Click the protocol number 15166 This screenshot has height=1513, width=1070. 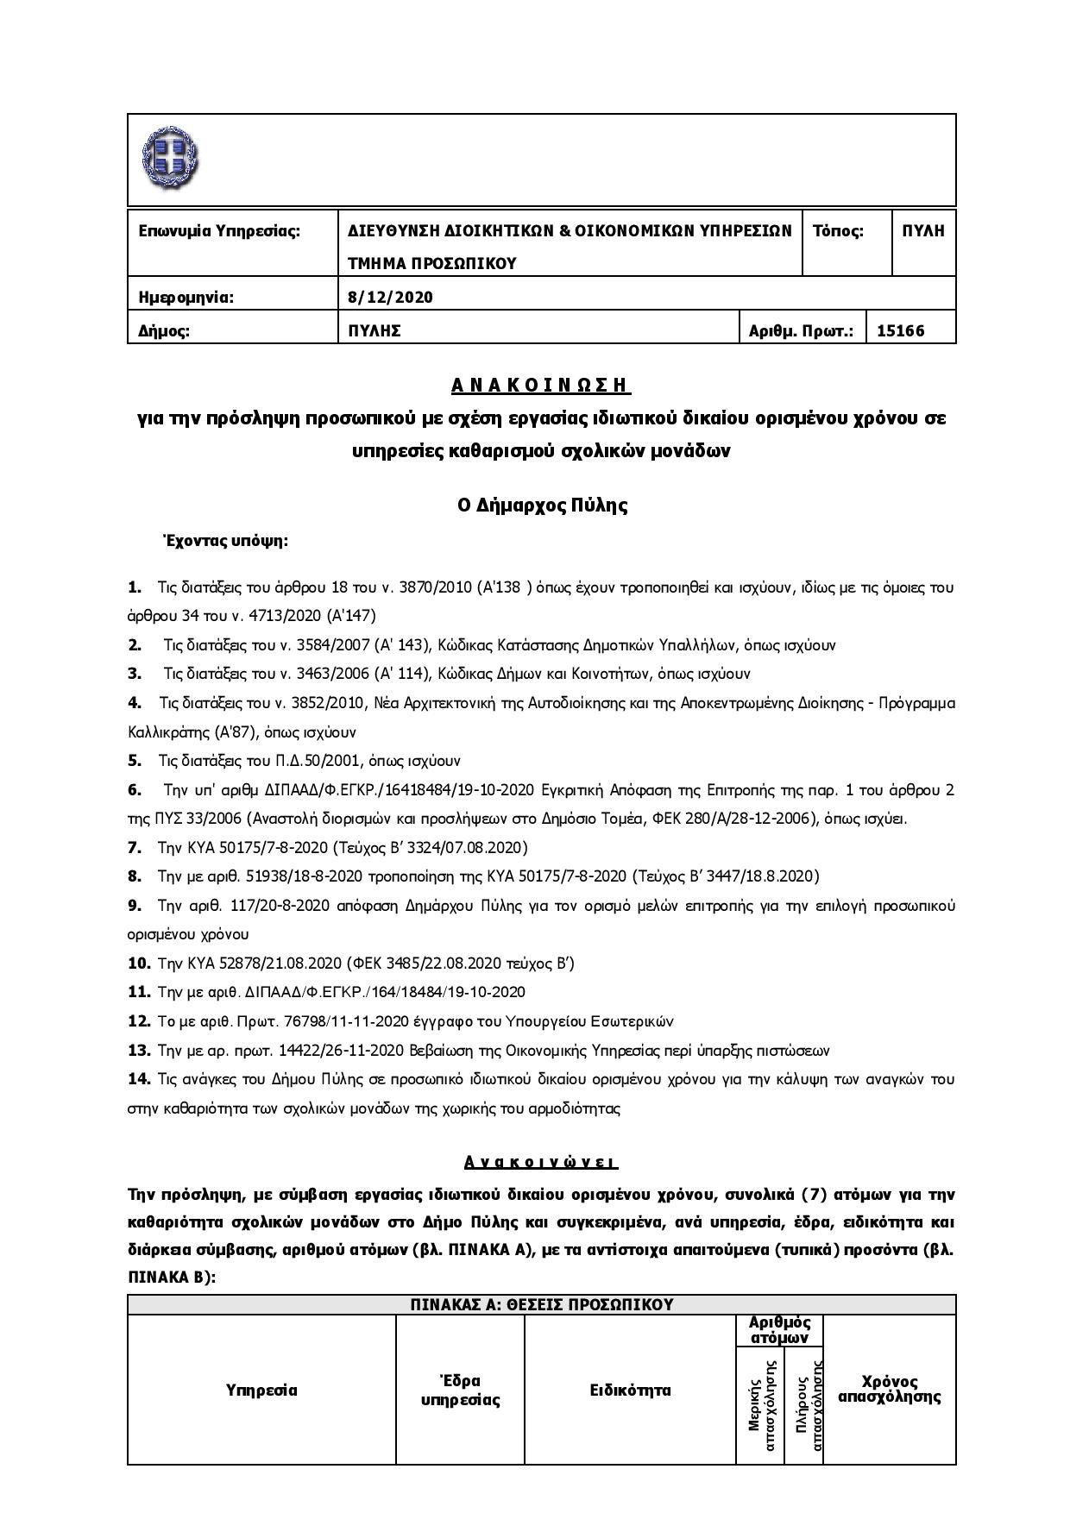[900, 330]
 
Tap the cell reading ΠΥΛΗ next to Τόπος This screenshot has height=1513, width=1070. [922, 231]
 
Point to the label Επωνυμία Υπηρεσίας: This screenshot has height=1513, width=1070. [219, 231]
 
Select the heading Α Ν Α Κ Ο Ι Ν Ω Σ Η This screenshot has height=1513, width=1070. [541, 385]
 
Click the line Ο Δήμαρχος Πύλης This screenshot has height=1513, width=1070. [542, 505]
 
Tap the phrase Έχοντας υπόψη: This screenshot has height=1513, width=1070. [225, 542]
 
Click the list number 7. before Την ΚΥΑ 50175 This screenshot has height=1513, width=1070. [135, 847]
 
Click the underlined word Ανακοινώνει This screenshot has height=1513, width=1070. [541, 1162]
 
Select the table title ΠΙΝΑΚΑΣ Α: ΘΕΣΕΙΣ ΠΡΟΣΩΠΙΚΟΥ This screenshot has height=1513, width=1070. [541, 1304]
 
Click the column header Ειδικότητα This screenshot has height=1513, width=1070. [630, 1390]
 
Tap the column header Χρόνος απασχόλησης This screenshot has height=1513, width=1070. [889, 1390]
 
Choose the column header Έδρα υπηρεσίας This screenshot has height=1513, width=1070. [460, 1390]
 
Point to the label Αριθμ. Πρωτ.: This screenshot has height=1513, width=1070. [801, 330]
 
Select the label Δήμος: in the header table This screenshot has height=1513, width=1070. [164, 330]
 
